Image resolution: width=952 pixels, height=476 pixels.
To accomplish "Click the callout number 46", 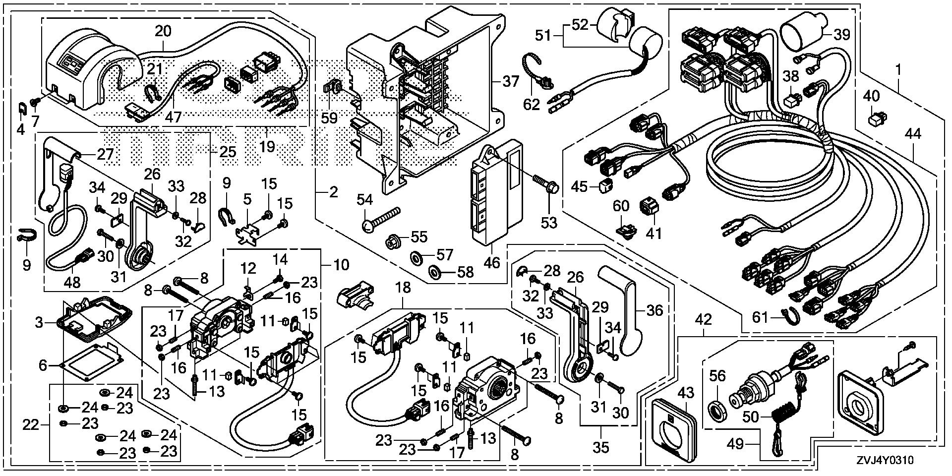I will click(x=492, y=262).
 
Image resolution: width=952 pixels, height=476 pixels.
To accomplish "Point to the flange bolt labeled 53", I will click(x=545, y=182).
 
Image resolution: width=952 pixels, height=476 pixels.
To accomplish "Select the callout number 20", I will click(x=163, y=32).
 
